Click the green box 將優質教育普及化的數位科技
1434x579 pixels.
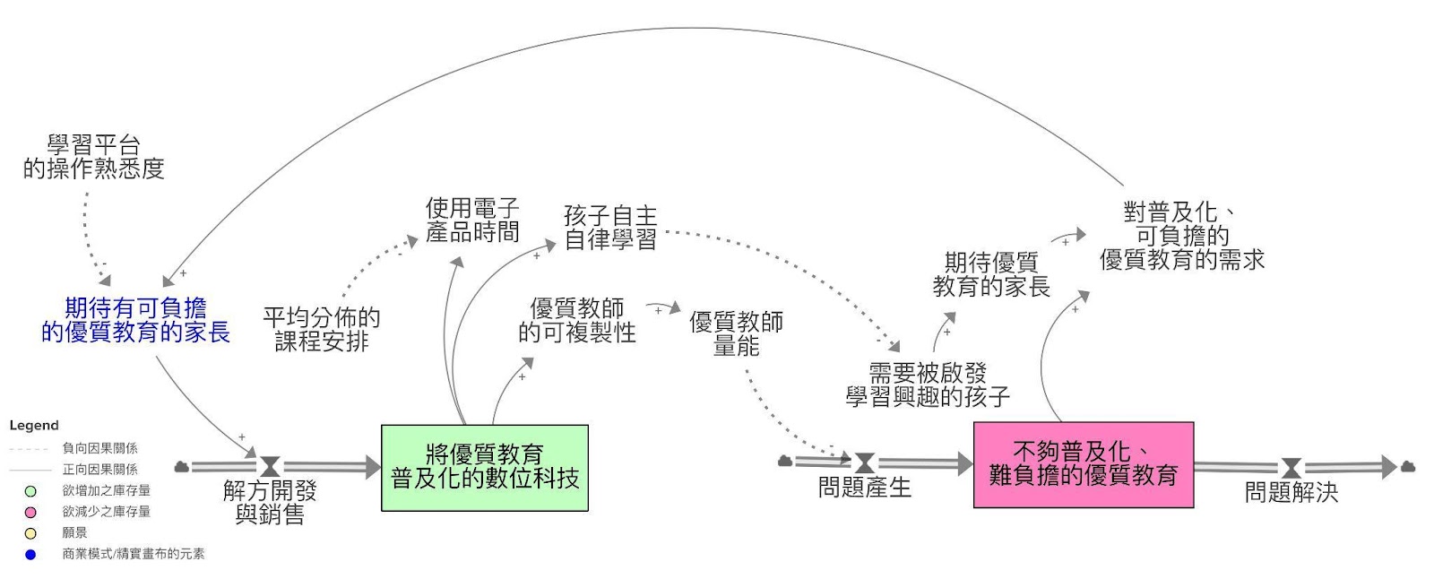click(x=484, y=467)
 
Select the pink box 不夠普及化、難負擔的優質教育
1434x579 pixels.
click(x=1083, y=464)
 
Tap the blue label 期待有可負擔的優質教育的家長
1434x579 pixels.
click(x=135, y=321)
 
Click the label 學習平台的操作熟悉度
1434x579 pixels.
click(x=93, y=157)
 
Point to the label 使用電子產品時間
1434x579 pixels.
click(x=472, y=220)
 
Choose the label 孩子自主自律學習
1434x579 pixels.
click(x=610, y=228)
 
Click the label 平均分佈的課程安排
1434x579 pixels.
click(x=321, y=329)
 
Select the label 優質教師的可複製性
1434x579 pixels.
click(x=576, y=321)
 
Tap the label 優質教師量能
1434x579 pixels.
click(x=736, y=333)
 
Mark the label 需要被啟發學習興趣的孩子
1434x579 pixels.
click(x=928, y=385)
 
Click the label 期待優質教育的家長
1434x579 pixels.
click(x=990, y=274)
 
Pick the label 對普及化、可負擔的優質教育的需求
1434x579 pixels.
click(x=1181, y=236)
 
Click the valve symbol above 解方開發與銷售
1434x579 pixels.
click(x=270, y=466)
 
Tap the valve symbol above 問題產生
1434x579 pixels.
click(x=864, y=462)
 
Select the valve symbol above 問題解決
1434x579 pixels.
click(x=1291, y=468)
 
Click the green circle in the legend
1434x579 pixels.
click(x=30, y=491)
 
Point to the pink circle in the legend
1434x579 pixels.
click(x=30, y=512)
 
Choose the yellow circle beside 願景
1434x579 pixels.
click(x=30, y=533)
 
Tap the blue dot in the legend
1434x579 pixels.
click(x=30, y=555)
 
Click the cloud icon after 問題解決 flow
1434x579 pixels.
click(x=1407, y=466)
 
